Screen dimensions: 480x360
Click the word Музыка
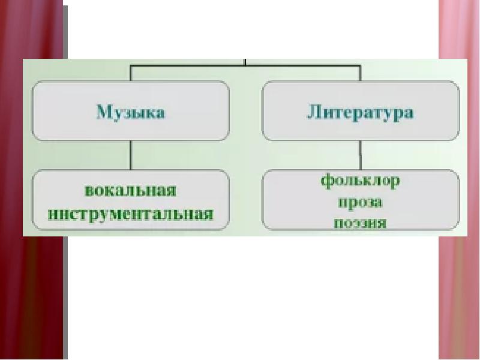(131, 112)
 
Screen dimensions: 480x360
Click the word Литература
(361, 112)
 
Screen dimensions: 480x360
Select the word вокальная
(131, 191)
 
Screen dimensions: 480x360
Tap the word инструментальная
(131, 213)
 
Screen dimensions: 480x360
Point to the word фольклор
(361, 180)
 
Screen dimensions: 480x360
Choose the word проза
(361, 202)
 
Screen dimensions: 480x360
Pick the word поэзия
(361, 223)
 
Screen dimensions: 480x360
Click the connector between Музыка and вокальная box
(131, 155)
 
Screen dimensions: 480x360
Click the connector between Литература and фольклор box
(360, 155)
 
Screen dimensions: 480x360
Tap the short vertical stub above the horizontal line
(246, 61)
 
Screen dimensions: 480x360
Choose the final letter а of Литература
(409, 113)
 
